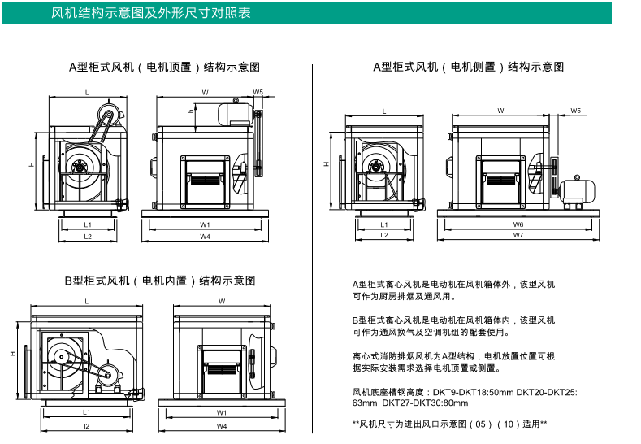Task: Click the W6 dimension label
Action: click(x=518, y=224)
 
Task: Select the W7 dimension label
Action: click(x=518, y=235)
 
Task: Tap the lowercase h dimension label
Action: click(x=190, y=110)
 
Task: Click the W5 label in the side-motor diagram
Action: click(x=575, y=110)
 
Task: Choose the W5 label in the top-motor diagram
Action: click(x=258, y=92)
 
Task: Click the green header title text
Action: click(x=151, y=13)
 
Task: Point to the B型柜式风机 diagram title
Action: click(x=160, y=281)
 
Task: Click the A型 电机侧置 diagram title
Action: click(x=468, y=67)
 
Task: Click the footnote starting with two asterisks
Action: click(x=449, y=424)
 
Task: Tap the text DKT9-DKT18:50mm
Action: click(x=485, y=391)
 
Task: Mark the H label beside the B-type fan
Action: click(x=12, y=355)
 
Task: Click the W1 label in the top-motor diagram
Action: click(x=206, y=224)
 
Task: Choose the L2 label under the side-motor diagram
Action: click(x=383, y=235)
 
